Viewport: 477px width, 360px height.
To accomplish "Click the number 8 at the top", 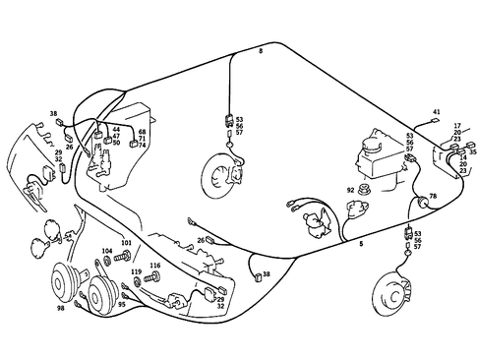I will click(261, 48).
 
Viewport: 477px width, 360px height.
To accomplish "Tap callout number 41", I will click(437, 112).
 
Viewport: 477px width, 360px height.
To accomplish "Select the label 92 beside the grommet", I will click(350, 190).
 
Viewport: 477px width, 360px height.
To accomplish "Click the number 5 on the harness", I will click(361, 242).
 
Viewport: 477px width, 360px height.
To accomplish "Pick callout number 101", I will click(125, 242).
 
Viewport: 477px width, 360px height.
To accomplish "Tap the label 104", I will click(107, 252).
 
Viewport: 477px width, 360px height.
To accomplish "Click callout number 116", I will click(154, 265).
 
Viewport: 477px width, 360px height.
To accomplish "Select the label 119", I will click(137, 271).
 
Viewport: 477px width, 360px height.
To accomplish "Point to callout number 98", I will click(61, 309).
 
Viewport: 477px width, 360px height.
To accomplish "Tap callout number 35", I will click(472, 152).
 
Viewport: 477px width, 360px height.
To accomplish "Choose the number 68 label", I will click(142, 131).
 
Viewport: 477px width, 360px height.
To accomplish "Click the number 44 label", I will click(116, 129).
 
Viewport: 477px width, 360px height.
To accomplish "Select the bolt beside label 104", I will click(123, 258).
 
